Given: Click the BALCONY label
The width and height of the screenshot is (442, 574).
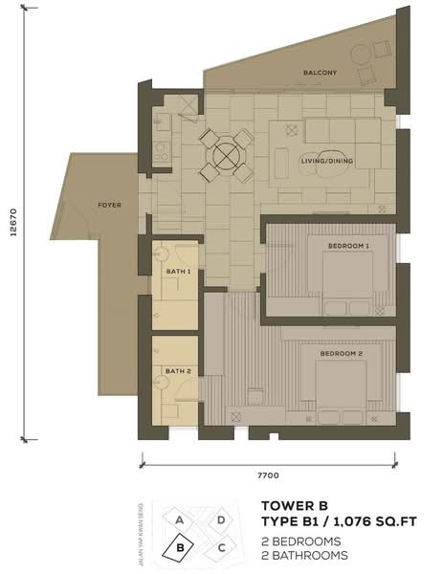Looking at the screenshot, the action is pos(320,73).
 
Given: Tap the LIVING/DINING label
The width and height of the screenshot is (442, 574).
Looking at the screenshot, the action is pos(327,161).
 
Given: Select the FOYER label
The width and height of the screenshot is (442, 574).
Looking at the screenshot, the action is pos(109,205).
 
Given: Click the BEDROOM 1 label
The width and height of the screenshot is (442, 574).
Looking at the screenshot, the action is pos(348,246).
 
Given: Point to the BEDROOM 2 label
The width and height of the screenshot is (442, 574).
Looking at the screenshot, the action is pos(341,354).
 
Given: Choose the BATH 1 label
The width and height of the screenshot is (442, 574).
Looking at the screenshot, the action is pos(178,272).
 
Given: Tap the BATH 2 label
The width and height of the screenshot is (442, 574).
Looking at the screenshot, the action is pos(178,371).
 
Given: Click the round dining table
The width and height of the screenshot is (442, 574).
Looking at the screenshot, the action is pos(227,156).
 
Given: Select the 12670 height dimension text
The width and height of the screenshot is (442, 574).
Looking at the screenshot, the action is pos(13,222).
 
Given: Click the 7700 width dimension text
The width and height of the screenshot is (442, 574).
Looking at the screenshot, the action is pos(269,475).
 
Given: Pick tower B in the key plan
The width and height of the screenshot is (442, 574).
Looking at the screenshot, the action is pos(179,547).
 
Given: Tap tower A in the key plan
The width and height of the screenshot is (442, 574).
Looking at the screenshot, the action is pos(179,519).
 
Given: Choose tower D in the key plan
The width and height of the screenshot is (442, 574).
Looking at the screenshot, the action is pos(221,520).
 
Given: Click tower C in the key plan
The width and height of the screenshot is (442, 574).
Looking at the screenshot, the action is pos(221,548).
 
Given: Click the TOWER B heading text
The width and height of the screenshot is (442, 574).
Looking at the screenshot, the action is pos(295,506).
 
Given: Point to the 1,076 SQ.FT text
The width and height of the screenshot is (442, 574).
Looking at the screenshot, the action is pos(375,521).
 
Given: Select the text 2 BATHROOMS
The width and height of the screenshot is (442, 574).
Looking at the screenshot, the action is pos(304,555).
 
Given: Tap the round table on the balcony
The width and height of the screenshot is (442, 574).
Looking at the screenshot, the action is pos(362,55).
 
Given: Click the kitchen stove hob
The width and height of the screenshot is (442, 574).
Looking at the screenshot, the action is pos(161,151).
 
